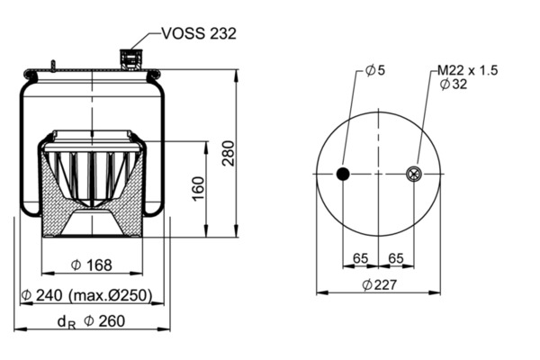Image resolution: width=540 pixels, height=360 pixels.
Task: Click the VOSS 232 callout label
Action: click(199, 33)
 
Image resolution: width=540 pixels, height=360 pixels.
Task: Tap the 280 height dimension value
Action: click(229, 153)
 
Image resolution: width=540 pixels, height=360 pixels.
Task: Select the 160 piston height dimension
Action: click(198, 189)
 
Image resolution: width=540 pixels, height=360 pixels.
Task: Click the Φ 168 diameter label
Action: click(91, 265)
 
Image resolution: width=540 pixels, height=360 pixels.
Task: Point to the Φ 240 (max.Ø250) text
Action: click(86, 295)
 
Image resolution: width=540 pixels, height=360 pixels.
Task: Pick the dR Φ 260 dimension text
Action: click(91, 321)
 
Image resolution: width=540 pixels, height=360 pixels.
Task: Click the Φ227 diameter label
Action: click(380, 284)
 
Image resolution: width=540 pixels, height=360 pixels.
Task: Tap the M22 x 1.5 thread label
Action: click(468, 70)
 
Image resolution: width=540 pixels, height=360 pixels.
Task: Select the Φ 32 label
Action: click(454, 84)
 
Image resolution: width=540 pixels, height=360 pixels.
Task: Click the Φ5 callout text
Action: click(375, 70)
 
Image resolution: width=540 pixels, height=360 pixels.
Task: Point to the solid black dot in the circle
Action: click(343, 174)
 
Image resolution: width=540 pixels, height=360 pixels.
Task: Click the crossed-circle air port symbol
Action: click(414, 174)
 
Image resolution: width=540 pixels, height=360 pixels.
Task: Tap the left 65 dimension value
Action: click(360, 258)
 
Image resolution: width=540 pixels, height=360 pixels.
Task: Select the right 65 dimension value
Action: click(395, 258)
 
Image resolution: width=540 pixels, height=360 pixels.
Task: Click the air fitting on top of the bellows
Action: click(130, 60)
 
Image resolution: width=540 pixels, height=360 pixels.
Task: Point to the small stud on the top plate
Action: click(53, 66)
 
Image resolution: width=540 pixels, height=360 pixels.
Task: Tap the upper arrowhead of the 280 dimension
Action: click(236, 76)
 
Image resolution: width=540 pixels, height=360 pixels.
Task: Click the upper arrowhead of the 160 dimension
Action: click(206, 148)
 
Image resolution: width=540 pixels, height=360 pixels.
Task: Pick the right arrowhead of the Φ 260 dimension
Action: click(165, 329)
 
